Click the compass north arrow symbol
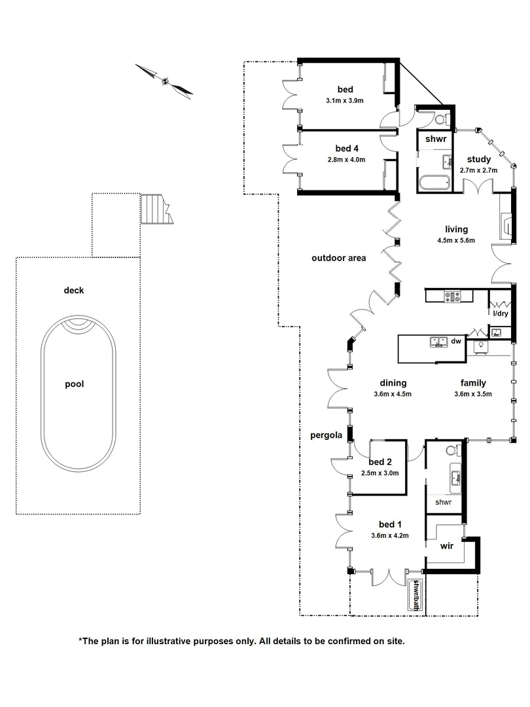pos(165,82)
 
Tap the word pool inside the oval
pos(74,384)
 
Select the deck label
pos(74,291)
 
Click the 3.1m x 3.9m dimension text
pos(344,101)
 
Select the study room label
pos(478,159)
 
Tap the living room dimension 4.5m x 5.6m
pos(456,240)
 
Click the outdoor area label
pos(338,258)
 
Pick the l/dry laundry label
pos(499,314)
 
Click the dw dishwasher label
pos(457,341)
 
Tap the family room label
pos(472,383)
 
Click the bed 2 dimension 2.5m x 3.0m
pos(380,473)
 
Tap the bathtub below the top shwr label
pos(433,183)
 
